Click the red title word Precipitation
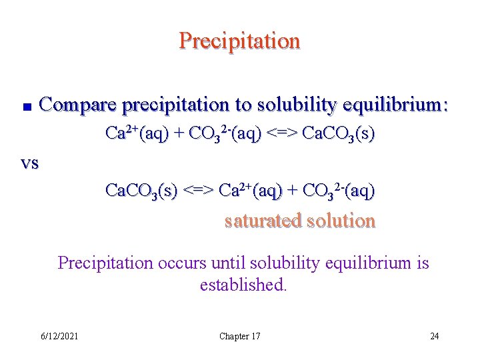[x=239, y=41]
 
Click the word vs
[x=29, y=163]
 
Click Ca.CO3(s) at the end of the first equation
[x=338, y=134]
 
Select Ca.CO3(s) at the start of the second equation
[x=141, y=191]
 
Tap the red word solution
[x=341, y=221]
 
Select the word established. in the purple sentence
[x=243, y=285]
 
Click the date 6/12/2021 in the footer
[x=59, y=336]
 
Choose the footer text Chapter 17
[x=239, y=336]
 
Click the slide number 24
[x=434, y=336]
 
